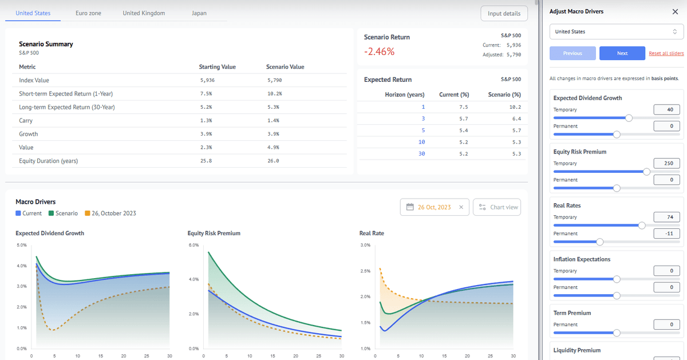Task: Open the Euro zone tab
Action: pos(88,13)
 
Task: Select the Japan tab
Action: pos(199,13)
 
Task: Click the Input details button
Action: pos(504,14)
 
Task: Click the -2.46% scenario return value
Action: pos(380,52)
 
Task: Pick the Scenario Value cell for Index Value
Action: pos(274,81)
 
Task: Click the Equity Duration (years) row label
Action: pos(48,161)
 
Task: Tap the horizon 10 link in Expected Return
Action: pos(423,142)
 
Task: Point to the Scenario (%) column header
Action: pos(504,94)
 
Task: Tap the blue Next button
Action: pos(622,53)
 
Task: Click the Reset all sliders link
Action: pos(666,53)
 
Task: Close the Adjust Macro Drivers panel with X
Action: pos(674,11)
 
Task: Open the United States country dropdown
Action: pos(616,31)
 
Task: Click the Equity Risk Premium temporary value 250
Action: pos(666,164)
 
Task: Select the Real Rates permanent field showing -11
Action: pos(666,234)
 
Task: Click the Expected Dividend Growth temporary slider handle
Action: pos(629,118)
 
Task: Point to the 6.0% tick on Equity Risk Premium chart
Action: pos(193,245)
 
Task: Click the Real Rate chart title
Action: pos(372,234)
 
